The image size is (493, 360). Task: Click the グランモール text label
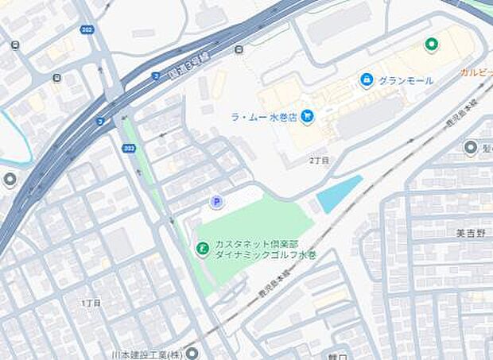406,81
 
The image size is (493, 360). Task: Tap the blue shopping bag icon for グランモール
367,80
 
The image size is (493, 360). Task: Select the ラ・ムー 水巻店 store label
263,117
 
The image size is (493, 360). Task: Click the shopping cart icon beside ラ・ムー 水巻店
307,117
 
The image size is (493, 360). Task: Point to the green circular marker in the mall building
431,44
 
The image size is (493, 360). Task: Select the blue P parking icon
216,203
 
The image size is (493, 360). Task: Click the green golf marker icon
203,250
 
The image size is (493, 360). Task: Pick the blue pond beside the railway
339,194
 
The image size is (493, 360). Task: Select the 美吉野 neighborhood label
471,234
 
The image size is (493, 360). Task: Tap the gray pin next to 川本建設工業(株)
192,352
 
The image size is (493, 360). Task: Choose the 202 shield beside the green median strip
129,149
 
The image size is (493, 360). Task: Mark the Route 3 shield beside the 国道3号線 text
156,76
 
